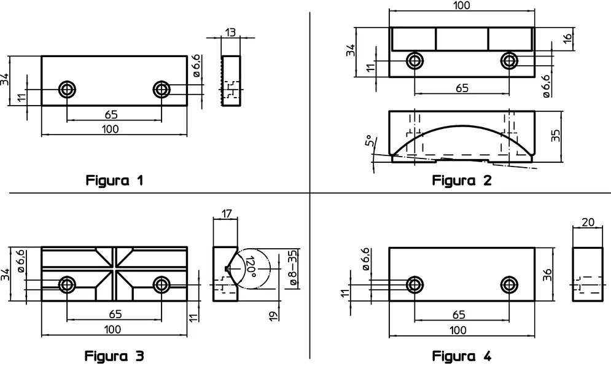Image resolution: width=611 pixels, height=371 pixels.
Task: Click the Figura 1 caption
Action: pyautogui.click(x=115, y=181)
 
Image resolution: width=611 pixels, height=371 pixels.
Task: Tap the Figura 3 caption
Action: pyautogui.click(x=115, y=356)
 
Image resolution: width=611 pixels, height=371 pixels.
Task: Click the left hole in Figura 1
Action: pyautogui.click(x=66, y=90)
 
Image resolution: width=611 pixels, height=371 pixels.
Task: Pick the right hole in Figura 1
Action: pyautogui.click(x=162, y=90)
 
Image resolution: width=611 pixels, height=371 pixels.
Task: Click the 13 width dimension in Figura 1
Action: pyautogui.click(x=231, y=33)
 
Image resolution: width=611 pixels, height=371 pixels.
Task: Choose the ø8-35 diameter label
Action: pyautogui.click(x=293, y=268)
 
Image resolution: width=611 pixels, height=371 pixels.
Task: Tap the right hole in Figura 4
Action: pyautogui.click(x=509, y=284)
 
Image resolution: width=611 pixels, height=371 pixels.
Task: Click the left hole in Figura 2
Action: pyautogui.click(x=415, y=60)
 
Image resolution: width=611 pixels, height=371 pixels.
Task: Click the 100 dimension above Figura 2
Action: pyautogui.click(x=462, y=6)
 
